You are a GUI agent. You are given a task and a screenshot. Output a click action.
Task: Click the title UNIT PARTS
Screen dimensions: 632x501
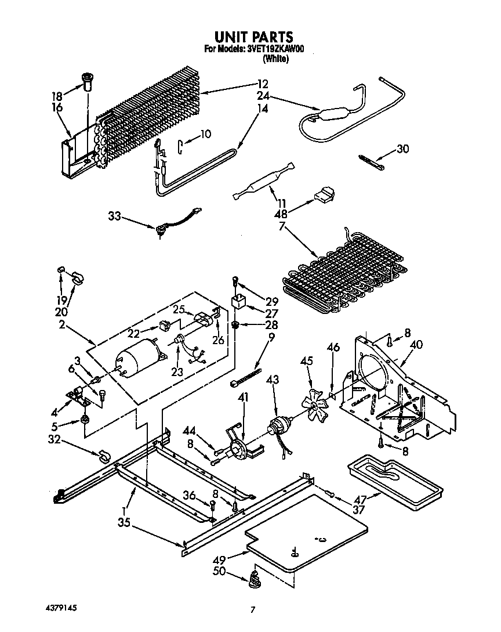251,38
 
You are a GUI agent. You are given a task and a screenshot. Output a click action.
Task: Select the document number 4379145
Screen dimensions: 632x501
61,607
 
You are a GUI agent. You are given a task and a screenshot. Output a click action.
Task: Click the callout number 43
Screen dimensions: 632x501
273,380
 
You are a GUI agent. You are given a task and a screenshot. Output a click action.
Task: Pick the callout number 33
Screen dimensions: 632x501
115,216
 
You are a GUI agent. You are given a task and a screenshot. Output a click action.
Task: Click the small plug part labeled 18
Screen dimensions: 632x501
88,81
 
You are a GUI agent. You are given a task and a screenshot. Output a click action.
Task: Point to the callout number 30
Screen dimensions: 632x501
402,149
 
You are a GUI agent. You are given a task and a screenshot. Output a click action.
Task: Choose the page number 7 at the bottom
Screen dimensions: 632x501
252,609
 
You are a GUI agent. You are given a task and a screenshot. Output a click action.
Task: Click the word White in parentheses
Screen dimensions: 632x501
275,59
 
